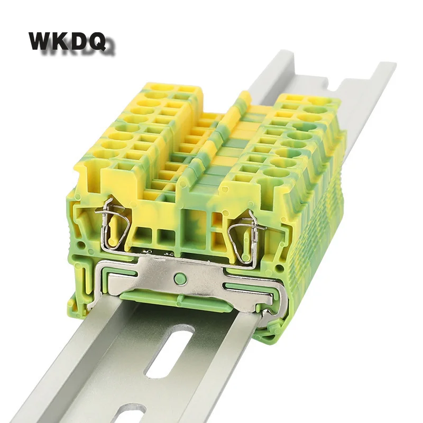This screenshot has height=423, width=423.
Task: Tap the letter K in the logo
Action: coord(63,41)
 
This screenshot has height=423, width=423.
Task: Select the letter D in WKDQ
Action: coord(83,41)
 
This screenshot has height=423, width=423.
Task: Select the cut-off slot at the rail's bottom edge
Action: coord(125,412)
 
